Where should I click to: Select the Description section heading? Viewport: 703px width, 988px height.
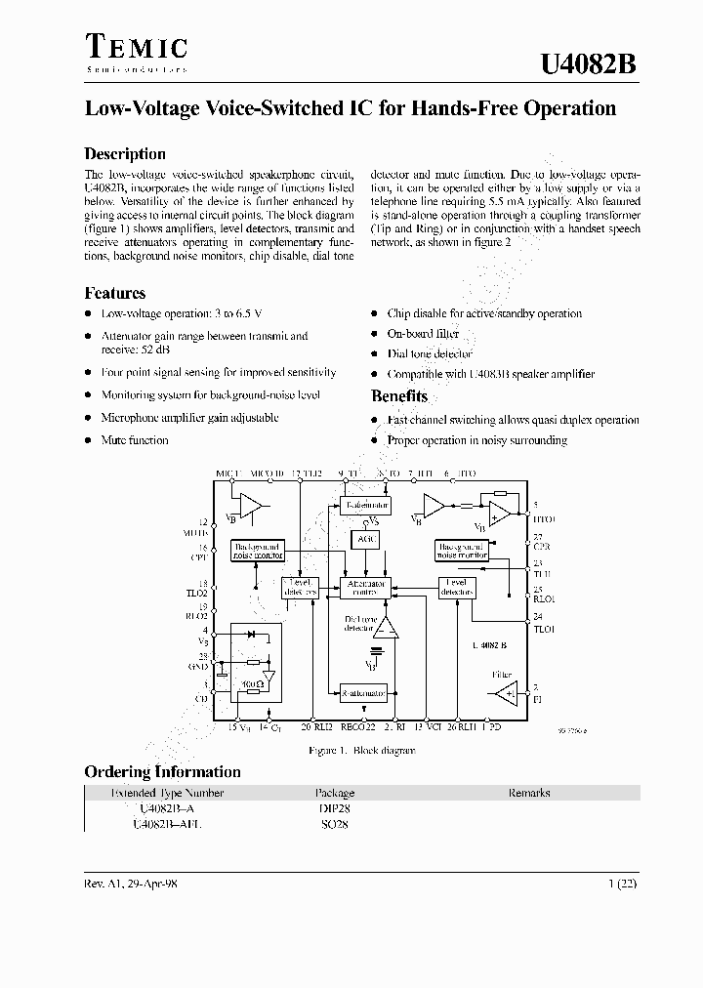point(125,153)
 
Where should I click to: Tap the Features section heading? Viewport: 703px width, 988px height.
point(115,293)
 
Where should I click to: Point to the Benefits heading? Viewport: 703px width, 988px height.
point(399,395)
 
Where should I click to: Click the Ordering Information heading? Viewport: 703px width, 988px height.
point(162,771)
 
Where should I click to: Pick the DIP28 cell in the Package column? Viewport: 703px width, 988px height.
point(332,808)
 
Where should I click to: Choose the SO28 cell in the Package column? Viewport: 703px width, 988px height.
point(332,824)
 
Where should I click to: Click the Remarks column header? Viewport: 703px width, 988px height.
point(529,793)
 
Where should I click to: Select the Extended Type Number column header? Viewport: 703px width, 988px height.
point(167,793)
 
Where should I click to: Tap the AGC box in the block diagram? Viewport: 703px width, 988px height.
point(366,539)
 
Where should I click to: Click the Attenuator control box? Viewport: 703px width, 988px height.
point(366,587)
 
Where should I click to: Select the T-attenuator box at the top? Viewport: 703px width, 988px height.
point(364,505)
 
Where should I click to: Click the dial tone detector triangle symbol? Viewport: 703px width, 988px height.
point(388,628)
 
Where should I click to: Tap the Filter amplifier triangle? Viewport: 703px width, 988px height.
point(506,694)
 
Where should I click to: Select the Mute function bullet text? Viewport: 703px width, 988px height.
point(135,440)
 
